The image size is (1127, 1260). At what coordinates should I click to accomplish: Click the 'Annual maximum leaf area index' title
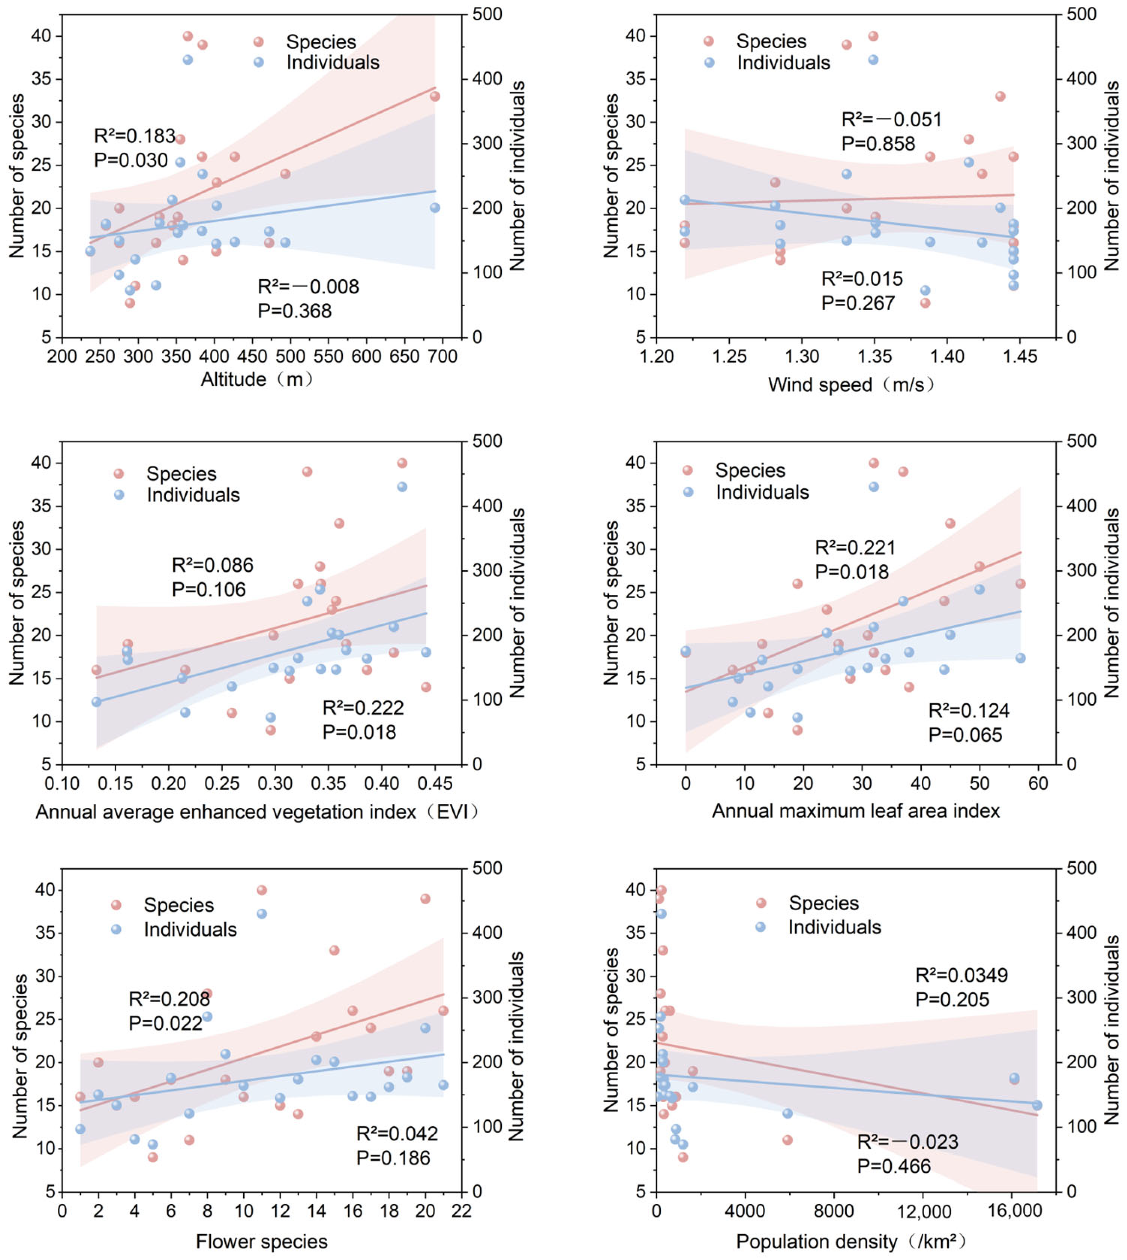[856, 811]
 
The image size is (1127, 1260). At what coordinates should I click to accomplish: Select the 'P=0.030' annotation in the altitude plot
[131, 160]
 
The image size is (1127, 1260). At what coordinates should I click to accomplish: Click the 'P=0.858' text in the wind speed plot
[878, 144]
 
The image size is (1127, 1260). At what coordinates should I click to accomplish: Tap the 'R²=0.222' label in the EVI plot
[363, 708]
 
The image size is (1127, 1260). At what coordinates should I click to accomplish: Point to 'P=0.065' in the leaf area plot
[965, 735]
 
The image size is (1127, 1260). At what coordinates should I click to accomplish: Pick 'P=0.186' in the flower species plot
[393, 1158]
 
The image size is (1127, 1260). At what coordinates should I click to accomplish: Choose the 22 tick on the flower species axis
[462, 1211]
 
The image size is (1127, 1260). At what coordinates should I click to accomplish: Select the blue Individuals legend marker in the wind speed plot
[710, 63]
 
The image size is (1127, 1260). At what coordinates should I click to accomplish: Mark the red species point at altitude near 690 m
[435, 96]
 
